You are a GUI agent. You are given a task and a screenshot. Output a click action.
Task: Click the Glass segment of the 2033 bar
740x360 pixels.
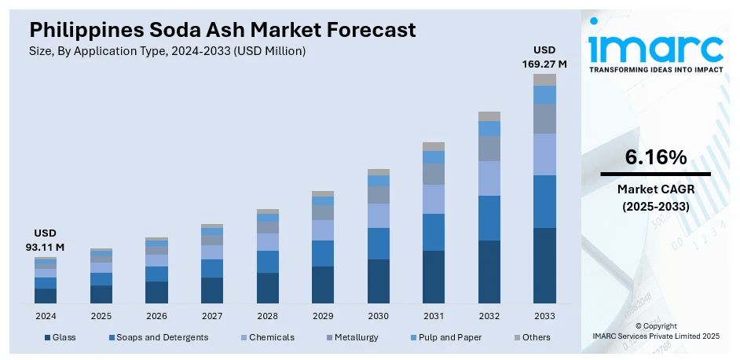coord(544,265)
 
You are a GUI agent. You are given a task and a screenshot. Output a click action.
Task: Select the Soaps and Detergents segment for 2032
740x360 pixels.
coord(489,218)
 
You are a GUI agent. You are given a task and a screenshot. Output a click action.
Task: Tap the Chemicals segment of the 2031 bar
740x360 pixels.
coord(434,199)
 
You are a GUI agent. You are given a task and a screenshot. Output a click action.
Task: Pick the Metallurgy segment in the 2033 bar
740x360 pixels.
coord(544,119)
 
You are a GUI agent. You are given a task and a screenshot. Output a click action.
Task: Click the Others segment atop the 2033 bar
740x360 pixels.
coord(544,79)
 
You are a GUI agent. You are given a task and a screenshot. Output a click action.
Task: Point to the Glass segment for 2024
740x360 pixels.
coord(46,296)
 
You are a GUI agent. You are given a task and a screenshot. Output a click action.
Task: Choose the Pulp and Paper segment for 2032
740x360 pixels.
coord(489,128)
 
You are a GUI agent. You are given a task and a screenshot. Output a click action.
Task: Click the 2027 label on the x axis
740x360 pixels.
coord(211,316)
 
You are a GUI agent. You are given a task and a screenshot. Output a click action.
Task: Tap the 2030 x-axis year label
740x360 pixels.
coord(378,316)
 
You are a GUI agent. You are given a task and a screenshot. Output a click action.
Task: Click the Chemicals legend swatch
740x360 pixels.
coord(244,337)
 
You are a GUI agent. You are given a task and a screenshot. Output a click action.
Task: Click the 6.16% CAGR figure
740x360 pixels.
coord(655,157)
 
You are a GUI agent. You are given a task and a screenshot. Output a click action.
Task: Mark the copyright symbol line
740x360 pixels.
coord(655,325)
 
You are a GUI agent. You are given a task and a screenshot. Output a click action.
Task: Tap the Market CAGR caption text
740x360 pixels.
coord(655,189)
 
